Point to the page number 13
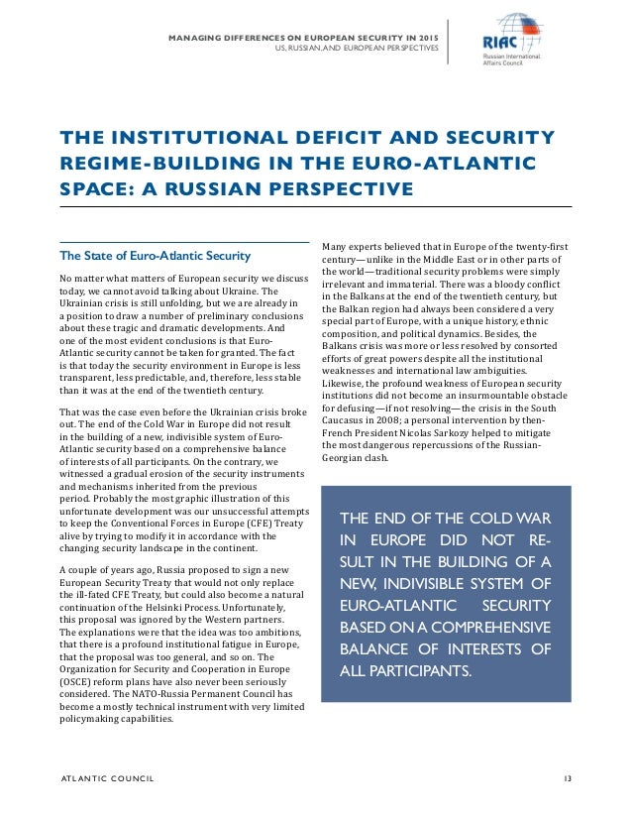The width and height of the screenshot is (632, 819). pos(566,778)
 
